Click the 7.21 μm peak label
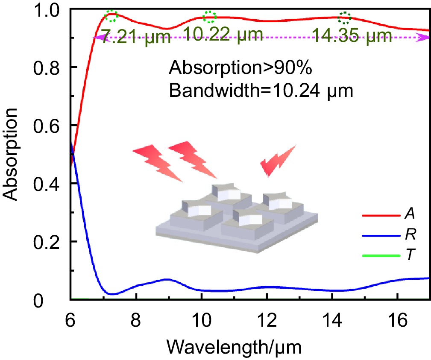(x=135, y=38)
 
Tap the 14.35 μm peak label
(x=352, y=36)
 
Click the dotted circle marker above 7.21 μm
(x=111, y=16)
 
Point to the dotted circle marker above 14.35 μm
(x=345, y=18)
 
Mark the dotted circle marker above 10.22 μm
(x=210, y=17)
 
